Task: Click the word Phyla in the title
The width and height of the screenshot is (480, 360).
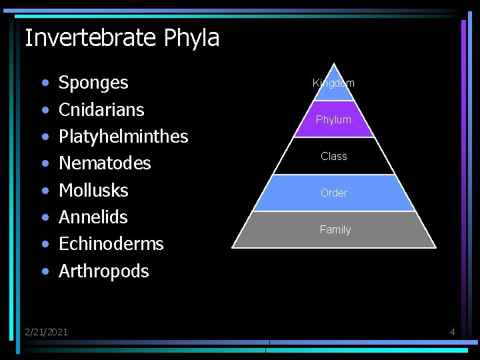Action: (x=191, y=38)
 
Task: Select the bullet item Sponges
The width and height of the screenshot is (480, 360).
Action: (x=93, y=83)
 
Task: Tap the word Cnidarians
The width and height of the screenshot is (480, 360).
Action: (x=101, y=109)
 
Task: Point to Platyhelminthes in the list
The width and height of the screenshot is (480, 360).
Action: (x=123, y=136)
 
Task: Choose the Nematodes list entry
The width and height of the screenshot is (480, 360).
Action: (x=105, y=163)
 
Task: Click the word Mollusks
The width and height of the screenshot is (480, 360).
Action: (x=93, y=190)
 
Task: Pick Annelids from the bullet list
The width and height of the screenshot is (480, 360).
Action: (x=93, y=217)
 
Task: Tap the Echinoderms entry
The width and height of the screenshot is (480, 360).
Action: (x=111, y=243)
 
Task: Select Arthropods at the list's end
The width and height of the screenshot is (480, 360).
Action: (x=103, y=271)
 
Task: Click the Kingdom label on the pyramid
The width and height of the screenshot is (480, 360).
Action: (x=333, y=83)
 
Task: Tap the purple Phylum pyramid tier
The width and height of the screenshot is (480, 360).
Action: (x=333, y=119)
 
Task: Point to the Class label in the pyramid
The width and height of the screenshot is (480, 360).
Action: (x=333, y=156)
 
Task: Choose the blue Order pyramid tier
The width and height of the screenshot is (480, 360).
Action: (x=333, y=193)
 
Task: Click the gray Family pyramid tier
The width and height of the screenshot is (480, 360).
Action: (x=335, y=229)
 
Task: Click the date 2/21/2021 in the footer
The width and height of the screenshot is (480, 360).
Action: (x=46, y=331)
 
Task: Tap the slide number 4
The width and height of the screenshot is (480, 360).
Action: (x=452, y=331)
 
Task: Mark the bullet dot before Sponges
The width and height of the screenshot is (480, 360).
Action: (x=45, y=85)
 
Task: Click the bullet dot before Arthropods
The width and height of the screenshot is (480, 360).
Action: (x=45, y=272)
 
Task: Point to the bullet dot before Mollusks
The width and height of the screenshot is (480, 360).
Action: (x=45, y=191)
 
